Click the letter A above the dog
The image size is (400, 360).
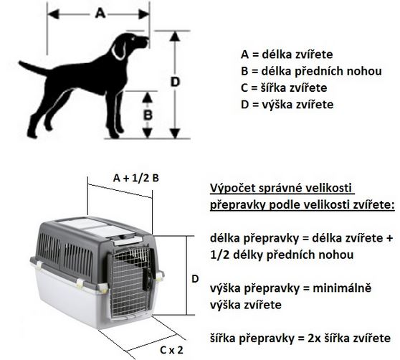[100, 13]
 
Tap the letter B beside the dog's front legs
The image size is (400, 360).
[148, 115]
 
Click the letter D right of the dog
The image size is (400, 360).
[175, 82]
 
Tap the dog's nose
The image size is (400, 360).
[147, 39]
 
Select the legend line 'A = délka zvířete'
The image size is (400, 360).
[287, 55]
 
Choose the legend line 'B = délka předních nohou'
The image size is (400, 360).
[311, 71]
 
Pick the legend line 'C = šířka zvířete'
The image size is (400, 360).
[284, 87]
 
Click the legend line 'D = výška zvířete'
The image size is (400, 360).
[287, 105]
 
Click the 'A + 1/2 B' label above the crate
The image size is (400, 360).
[136, 178]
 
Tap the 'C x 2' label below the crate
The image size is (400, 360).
[171, 350]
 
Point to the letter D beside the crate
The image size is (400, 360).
[195, 279]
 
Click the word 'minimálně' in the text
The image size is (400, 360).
[342, 288]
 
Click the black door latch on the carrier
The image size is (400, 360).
[148, 278]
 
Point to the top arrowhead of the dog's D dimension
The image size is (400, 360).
[175, 36]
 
